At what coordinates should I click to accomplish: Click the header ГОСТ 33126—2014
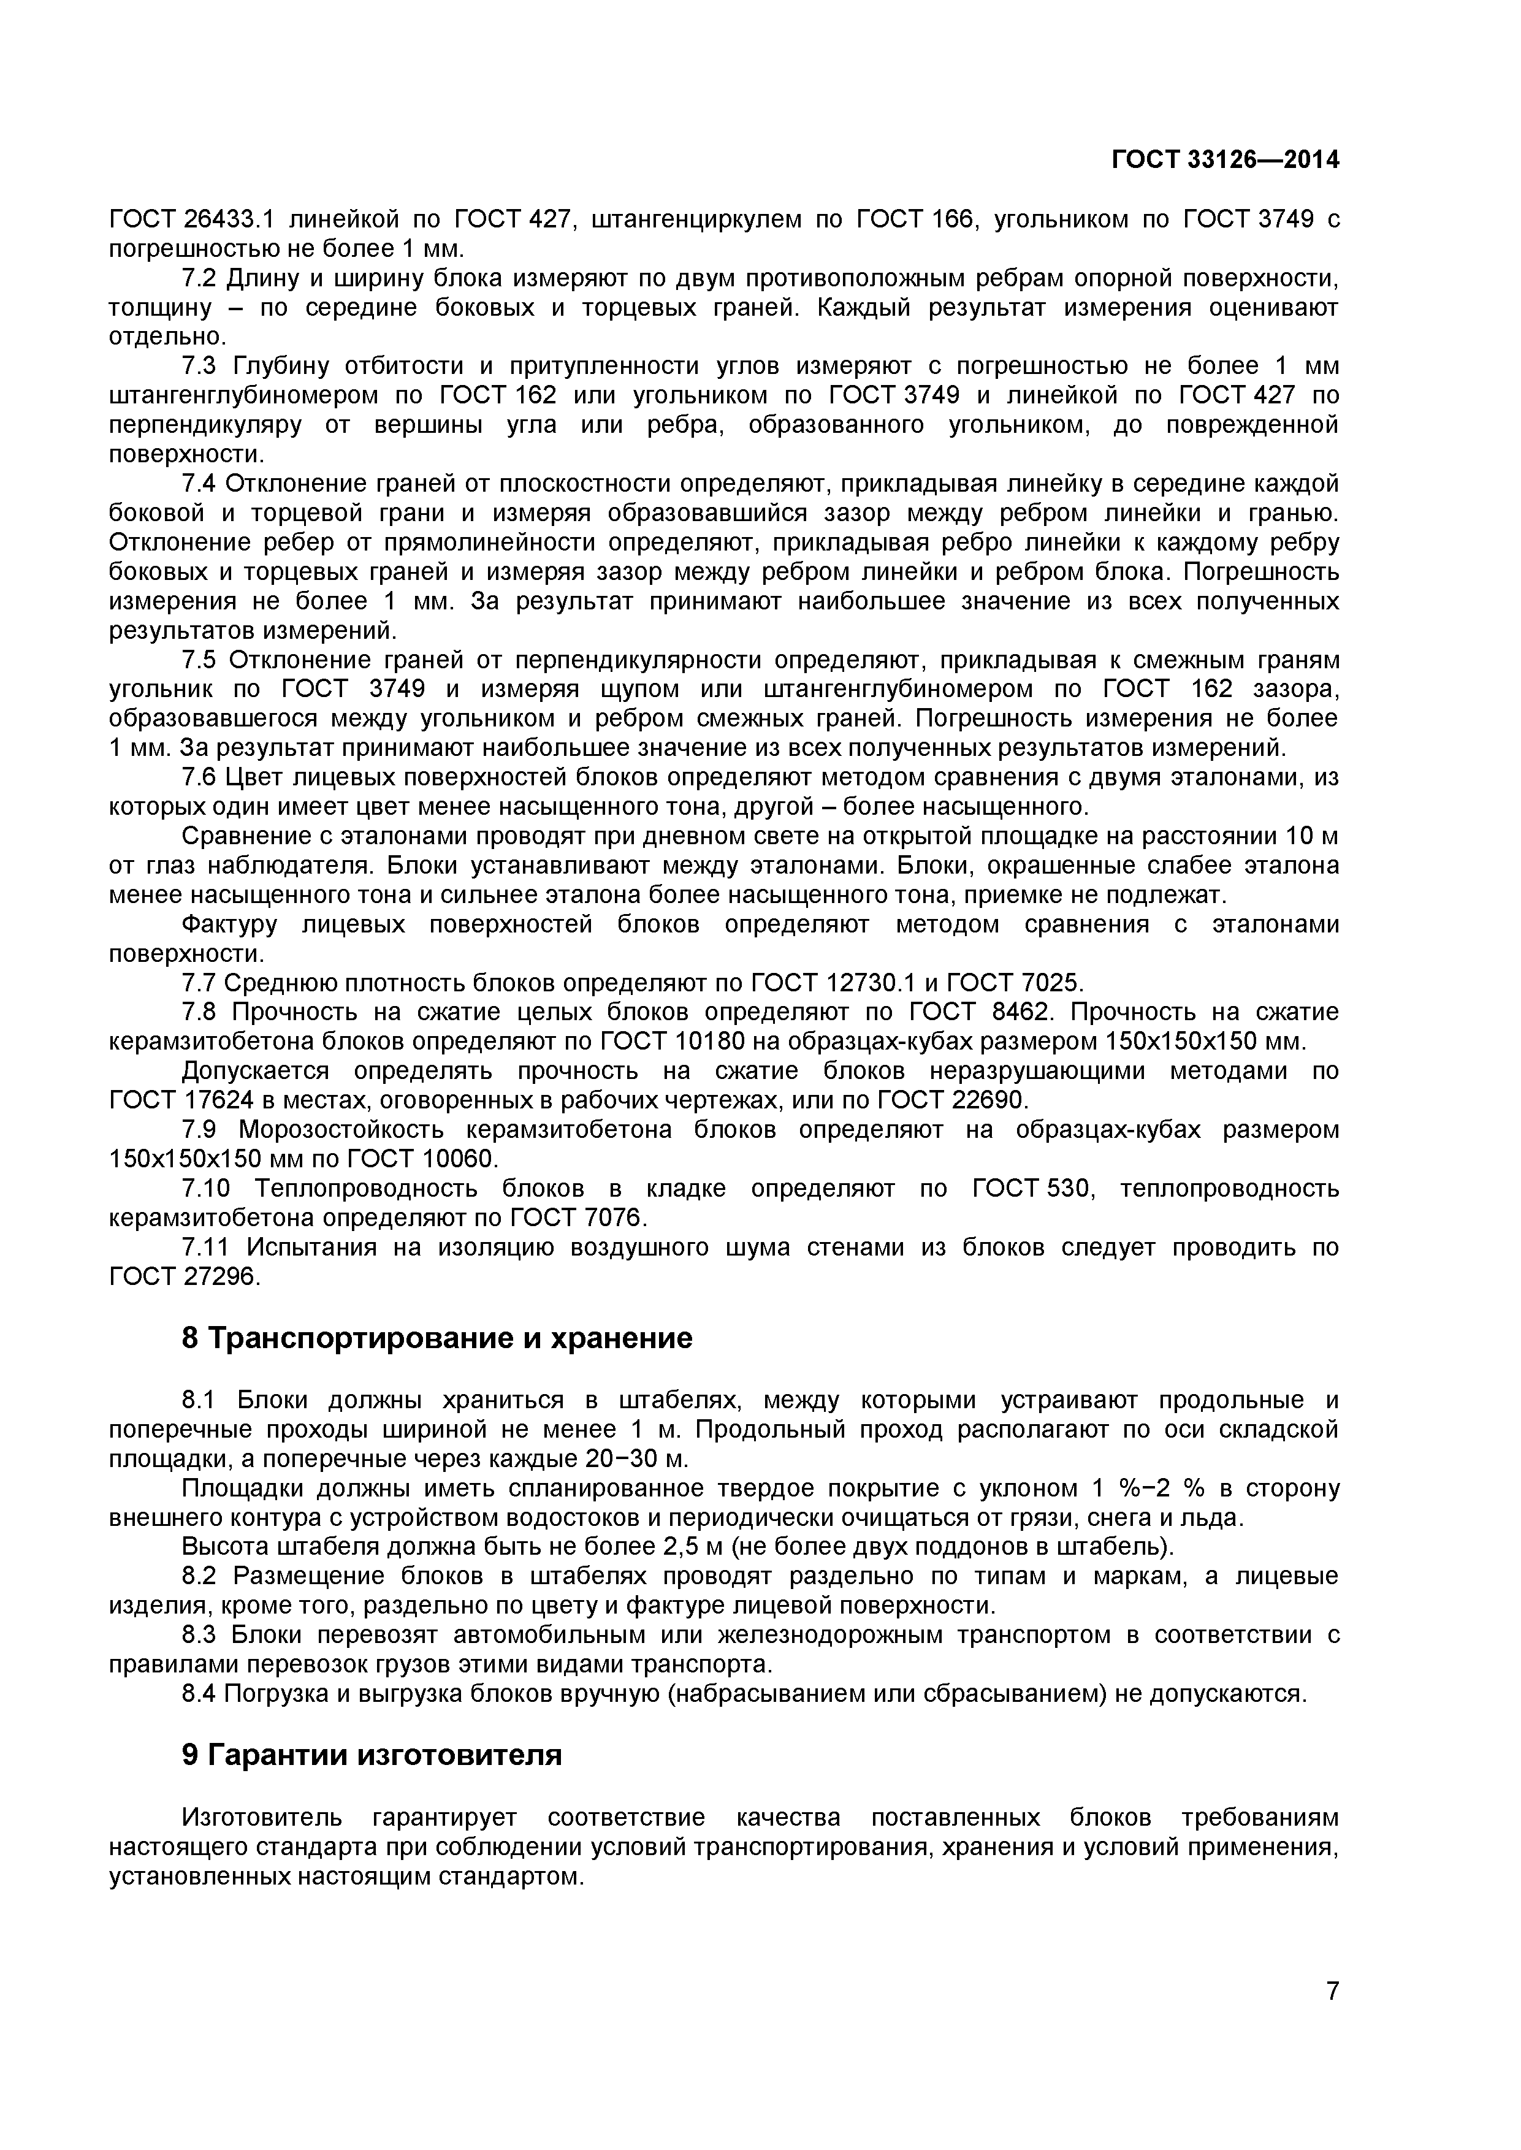[x=1225, y=160]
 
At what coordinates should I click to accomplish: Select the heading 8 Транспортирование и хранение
[x=436, y=1338]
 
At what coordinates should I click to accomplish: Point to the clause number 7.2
[x=199, y=278]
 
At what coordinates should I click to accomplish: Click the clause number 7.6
[x=199, y=777]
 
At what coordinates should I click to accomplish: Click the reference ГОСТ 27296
[x=183, y=1276]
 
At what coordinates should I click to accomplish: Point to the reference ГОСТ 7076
[x=579, y=1218]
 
